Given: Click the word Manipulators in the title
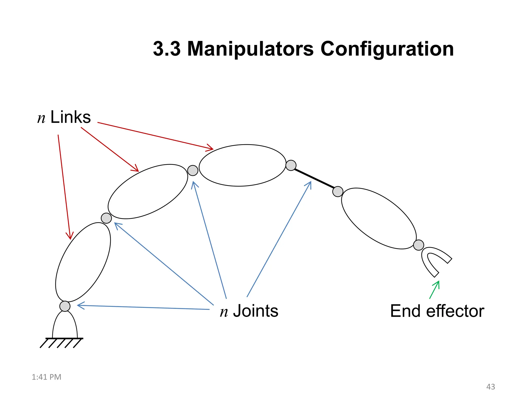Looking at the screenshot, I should [250, 49].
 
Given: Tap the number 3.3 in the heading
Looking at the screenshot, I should [167, 49].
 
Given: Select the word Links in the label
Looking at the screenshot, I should [71, 117].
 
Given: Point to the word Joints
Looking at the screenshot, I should [256, 311].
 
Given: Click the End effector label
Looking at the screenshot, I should [437, 311].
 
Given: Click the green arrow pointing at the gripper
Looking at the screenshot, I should [434, 290].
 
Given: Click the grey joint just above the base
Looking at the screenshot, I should [65, 306].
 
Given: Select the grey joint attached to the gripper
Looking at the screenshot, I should [418, 245].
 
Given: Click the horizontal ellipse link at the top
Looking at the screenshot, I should [242, 165].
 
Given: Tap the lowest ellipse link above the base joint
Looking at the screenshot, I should [83, 262].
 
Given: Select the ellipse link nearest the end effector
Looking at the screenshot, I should [379, 219].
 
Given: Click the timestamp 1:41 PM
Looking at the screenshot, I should [46, 377].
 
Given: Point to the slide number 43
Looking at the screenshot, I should [490, 387].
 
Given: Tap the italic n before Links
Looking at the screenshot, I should [41, 119].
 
